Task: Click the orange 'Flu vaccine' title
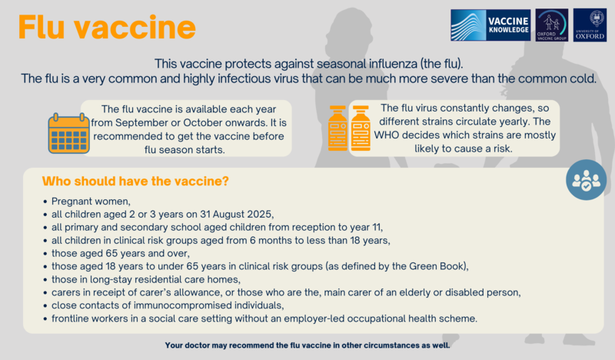tap(107, 28)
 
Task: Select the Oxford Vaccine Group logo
tap(551, 25)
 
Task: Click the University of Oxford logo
tap(590, 25)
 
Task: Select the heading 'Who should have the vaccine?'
tap(135, 182)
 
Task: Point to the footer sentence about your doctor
tap(307, 345)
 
